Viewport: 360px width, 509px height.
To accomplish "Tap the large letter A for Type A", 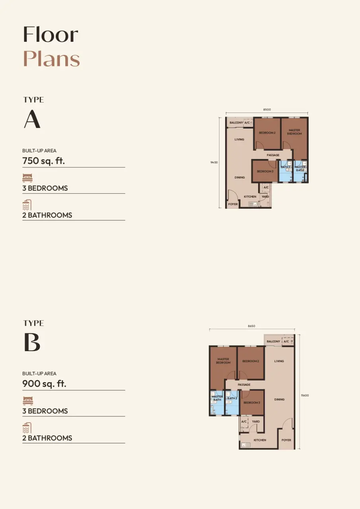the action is (32, 119).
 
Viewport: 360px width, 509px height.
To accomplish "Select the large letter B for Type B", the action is (32, 342).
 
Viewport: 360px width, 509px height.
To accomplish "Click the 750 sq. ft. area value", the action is (44, 161).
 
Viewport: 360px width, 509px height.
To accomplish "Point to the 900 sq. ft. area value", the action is (44, 384).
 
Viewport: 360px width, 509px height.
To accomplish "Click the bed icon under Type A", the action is (27, 178).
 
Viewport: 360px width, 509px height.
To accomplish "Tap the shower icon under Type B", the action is (27, 428).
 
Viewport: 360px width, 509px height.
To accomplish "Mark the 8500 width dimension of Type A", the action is (267, 109).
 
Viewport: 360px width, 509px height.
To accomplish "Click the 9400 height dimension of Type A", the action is (214, 163).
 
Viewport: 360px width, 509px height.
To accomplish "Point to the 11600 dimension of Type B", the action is (305, 395).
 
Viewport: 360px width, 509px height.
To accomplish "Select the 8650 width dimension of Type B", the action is (251, 326).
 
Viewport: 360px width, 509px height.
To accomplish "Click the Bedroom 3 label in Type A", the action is (265, 171).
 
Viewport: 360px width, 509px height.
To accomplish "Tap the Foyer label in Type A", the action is (233, 204).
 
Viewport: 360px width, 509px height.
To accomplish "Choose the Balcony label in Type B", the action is (273, 341).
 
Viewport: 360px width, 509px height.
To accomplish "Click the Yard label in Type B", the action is (256, 421).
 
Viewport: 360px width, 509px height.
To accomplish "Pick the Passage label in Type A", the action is (273, 155).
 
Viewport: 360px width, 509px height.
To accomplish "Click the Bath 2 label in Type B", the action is (232, 398).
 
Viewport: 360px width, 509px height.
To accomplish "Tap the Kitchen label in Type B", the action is (260, 440).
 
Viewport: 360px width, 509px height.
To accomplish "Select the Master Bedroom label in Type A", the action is (294, 132).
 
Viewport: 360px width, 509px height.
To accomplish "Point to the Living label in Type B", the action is (279, 361).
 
